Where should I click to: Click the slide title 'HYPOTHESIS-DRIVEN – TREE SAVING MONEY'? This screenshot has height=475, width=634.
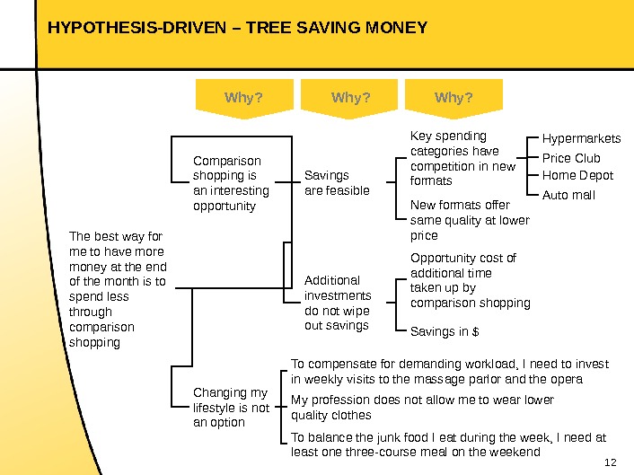(237, 28)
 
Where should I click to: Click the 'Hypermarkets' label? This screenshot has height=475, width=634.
(581, 139)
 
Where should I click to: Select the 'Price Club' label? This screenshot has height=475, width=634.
(571, 158)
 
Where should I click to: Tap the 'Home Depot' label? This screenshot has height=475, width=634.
(577, 175)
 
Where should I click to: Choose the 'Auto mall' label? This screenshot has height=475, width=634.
(568, 195)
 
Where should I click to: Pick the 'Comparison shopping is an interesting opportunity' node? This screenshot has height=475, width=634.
(231, 183)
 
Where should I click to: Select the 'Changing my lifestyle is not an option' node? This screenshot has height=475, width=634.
(231, 407)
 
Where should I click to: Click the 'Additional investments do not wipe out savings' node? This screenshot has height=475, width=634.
(338, 303)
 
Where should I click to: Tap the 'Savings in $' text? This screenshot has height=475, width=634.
(445, 332)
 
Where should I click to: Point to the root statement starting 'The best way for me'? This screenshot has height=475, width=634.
(118, 288)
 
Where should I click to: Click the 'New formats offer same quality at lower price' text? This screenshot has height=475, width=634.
(470, 220)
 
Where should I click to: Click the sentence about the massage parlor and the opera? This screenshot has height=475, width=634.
(449, 371)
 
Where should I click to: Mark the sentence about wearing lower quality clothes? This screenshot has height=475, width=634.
(422, 407)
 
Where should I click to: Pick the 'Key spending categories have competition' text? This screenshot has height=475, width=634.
(462, 158)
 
